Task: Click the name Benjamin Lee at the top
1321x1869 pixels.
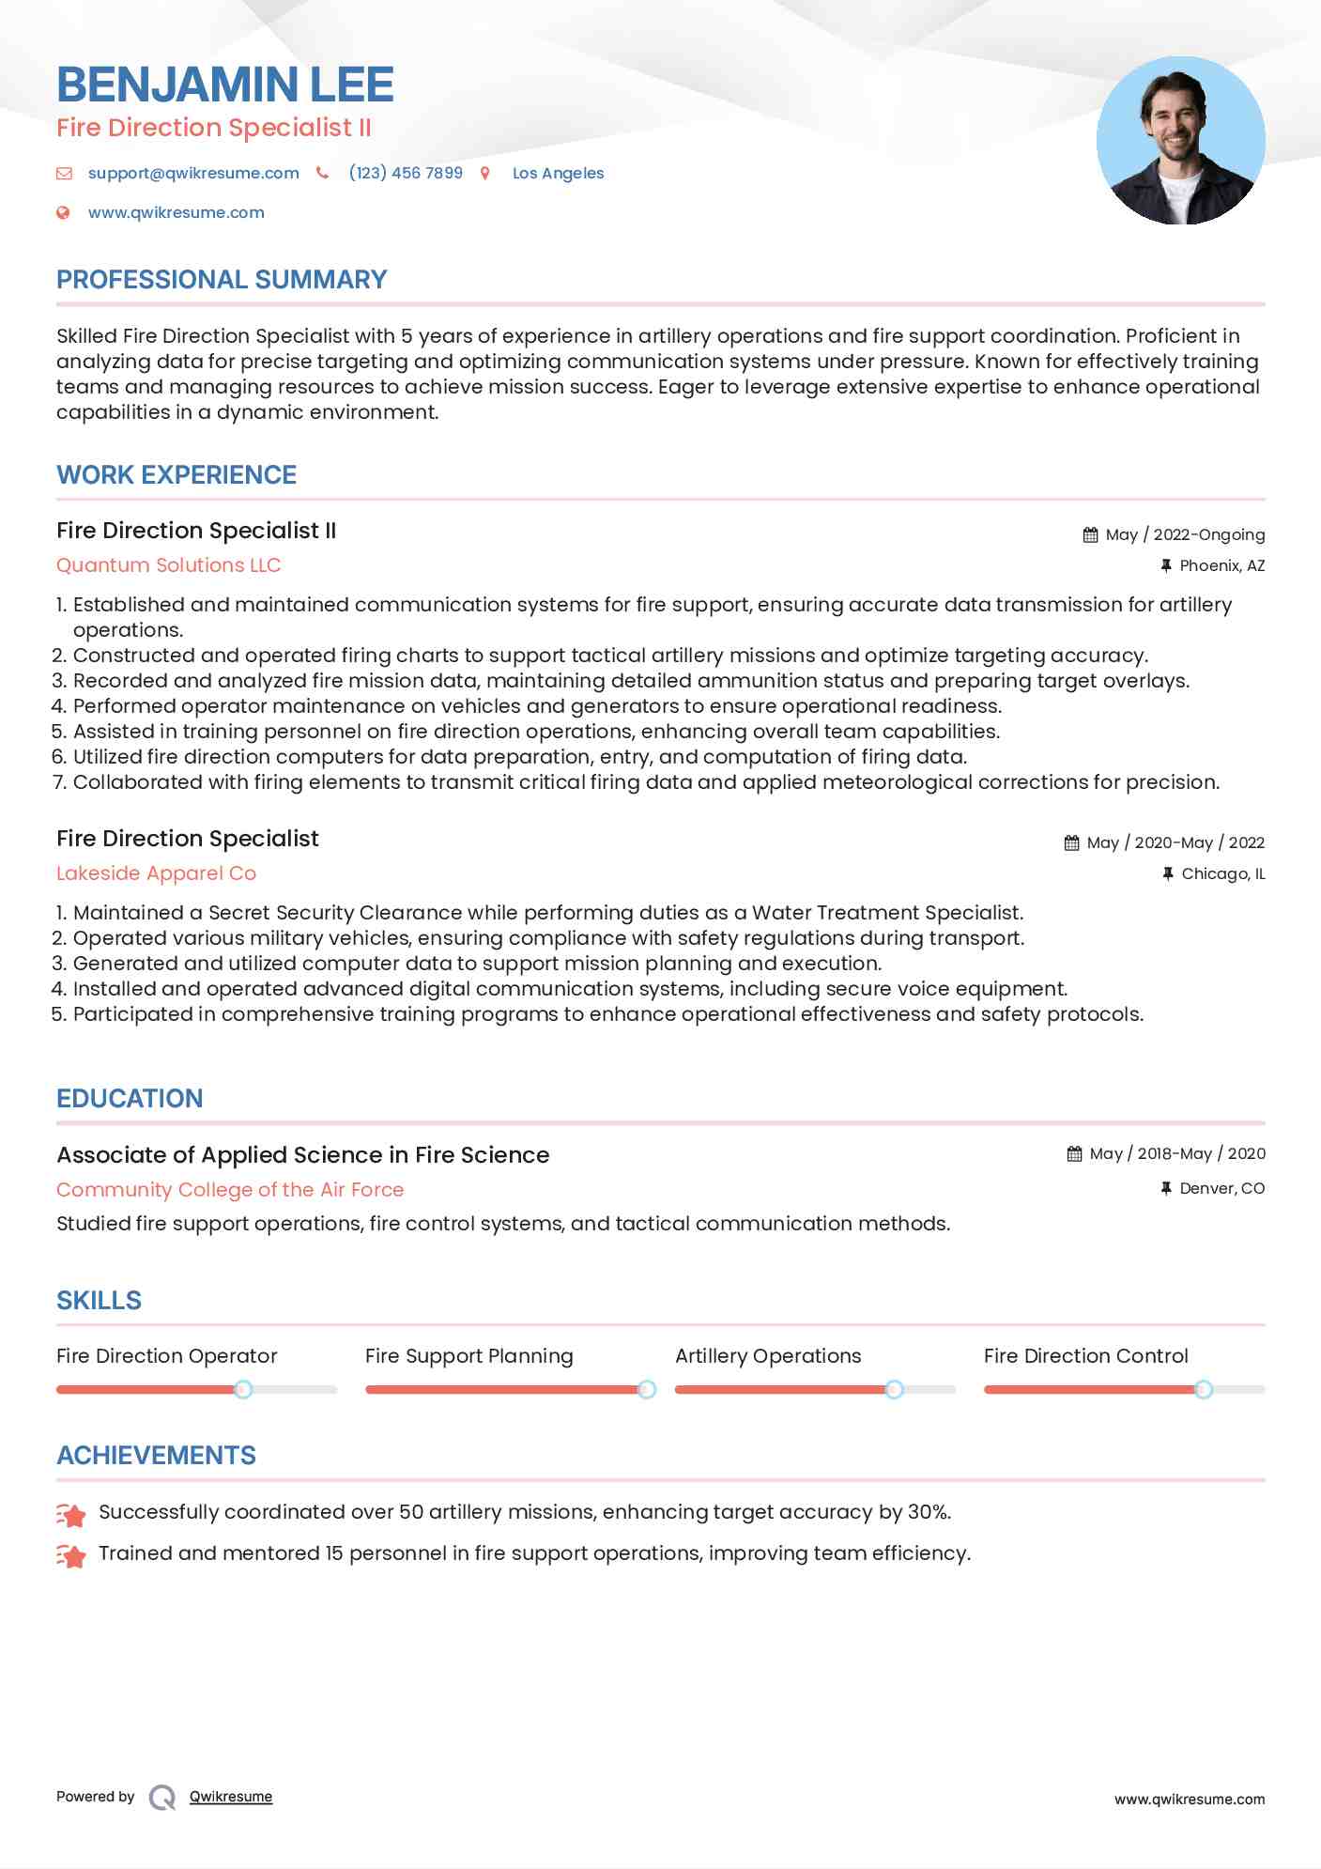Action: pos(225,85)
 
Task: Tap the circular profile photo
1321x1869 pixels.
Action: pos(1180,141)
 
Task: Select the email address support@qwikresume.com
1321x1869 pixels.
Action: pos(193,173)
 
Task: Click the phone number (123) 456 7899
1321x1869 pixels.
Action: pos(406,173)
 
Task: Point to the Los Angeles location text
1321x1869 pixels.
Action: pos(558,173)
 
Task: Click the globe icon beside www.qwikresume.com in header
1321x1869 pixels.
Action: pos(64,213)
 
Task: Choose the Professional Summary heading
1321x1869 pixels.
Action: pos(222,280)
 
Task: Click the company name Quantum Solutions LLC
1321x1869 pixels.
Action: pos(169,565)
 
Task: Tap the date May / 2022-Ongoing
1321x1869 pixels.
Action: pos(1185,534)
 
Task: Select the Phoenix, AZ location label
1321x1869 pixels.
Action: pos(1221,565)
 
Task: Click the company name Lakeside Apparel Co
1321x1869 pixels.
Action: pos(156,873)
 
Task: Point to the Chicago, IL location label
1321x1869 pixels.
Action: pos(1222,873)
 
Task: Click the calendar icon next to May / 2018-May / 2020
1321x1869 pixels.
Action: pos(1074,1154)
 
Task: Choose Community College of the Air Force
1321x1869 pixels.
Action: pos(230,1190)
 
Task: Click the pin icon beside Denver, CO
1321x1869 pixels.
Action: pos(1166,1188)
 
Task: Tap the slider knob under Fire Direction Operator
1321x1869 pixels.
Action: pos(243,1389)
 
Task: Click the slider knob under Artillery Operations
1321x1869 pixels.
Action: pos(895,1389)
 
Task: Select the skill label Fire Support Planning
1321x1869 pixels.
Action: pos(468,1356)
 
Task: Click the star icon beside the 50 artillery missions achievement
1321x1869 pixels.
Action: pos(71,1514)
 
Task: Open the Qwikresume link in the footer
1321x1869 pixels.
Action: pos(231,1797)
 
